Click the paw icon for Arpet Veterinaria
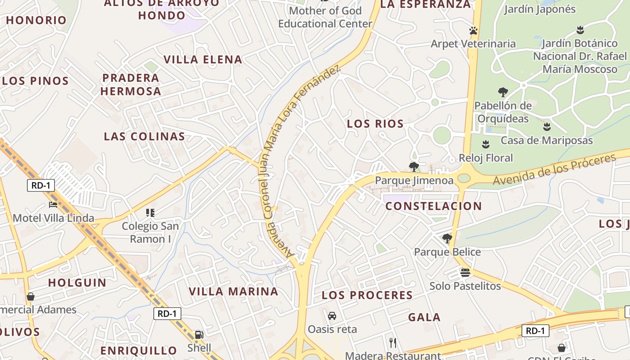(x=473, y=31)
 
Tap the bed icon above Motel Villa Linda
(x=53, y=205)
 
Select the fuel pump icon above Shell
(x=198, y=335)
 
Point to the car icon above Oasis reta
(x=332, y=316)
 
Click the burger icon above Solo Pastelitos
(x=465, y=272)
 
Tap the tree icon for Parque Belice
(x=447, y=238)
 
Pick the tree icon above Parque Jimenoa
(x=414, y=167)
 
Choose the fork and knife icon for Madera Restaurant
(x=393, y=343)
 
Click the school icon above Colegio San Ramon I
(x=150, y=212)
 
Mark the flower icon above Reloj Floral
(x=486, y=144)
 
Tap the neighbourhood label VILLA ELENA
(x=203, y=59)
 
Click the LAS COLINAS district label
(x=144, y=136)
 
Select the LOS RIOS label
(x=375, y=124)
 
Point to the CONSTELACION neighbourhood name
(x=434, y=206)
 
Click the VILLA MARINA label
(x=234, y=291)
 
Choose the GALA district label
(x=424, y=317)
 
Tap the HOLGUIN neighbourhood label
(x=77, y=283)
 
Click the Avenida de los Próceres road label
(x=554, y=169)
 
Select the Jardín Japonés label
(x=540, y=9)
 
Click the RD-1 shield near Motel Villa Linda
(x=41, y=185)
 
